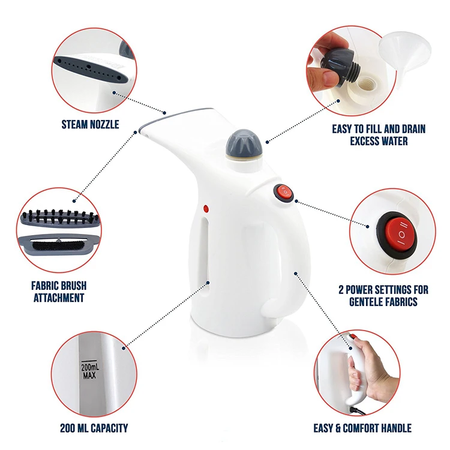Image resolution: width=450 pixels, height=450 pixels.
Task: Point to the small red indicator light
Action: [205, 209]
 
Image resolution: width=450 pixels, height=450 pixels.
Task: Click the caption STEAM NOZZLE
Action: [91, 125]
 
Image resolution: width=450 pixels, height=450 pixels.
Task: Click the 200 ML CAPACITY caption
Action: [94, 428]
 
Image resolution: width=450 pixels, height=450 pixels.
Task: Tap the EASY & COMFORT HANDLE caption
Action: [362, 428]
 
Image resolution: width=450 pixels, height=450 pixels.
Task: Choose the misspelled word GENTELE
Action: [369, 302]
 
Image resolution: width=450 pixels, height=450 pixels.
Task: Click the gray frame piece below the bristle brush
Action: [59, 245]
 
